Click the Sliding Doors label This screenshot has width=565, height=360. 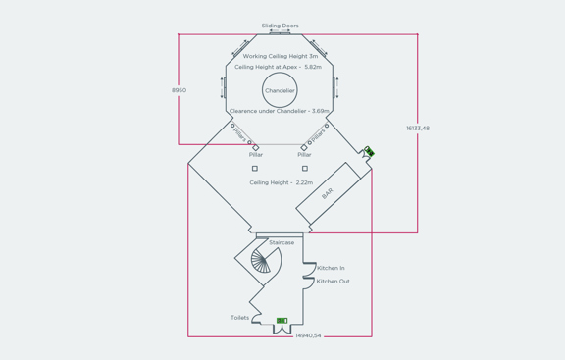tap(281, 26)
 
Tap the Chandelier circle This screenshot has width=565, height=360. tap(280, 90)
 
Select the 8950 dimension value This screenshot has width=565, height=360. tap(179, 90)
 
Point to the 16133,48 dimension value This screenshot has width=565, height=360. tap(418, 129)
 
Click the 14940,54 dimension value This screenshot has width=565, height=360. tap(308, 335)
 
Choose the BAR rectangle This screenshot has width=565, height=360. tap(329, 194)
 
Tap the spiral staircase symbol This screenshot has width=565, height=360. tap(262, 260)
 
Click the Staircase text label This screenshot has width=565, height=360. tap(282, 242)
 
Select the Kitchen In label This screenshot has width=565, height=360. tap(331, 268)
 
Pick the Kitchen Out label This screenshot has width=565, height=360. tap(333, 282)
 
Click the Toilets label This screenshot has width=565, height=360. tap(239, 318)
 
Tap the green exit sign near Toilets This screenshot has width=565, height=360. tap(282, 320)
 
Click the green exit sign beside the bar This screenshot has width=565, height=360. tap(369, 152)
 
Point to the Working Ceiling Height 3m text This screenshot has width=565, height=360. tap(281, 57)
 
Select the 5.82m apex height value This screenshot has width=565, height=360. tap(313, 67)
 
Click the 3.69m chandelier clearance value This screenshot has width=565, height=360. tap(321, 111)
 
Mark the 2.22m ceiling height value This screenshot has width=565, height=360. tap(303, 182)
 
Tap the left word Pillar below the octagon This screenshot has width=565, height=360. tap(256, 155)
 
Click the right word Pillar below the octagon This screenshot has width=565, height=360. tap(304, 155)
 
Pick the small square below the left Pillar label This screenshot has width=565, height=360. tap(255, 169)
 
